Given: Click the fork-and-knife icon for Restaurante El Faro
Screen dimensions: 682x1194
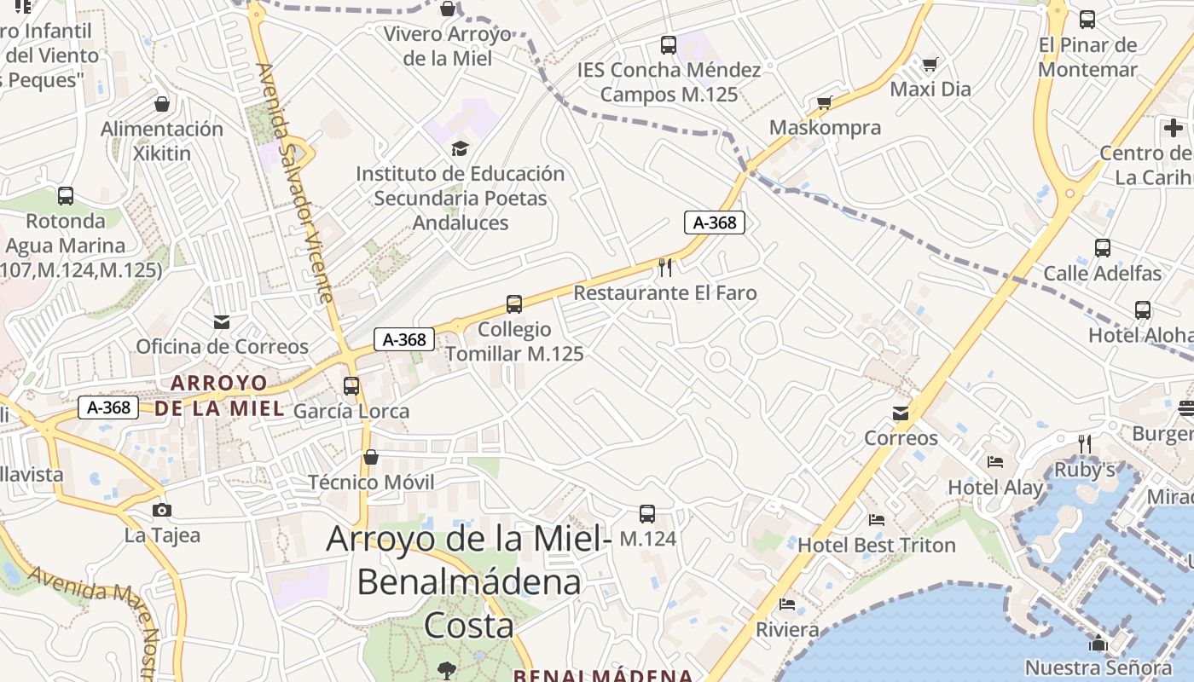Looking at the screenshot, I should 665,268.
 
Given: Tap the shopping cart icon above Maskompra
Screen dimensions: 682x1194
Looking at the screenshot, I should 824,103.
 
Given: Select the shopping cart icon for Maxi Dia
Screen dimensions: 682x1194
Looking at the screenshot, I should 930,64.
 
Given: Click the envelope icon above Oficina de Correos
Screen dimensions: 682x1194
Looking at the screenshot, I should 222,321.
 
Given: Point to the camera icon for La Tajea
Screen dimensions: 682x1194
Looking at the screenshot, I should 161,511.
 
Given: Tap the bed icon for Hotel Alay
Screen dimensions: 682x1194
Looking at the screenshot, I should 995,462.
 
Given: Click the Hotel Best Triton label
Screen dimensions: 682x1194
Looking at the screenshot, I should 877,545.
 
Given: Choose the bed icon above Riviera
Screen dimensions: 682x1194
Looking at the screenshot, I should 787,604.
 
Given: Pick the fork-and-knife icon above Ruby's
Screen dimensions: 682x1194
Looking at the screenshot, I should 1084,444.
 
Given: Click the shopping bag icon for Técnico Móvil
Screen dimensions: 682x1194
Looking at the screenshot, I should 370,457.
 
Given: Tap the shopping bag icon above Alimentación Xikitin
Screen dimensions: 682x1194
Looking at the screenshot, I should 162,104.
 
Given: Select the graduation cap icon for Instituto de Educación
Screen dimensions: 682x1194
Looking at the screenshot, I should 460,148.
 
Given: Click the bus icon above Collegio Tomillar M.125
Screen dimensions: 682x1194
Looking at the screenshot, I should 514,303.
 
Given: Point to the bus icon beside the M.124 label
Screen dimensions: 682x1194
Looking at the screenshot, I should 647,514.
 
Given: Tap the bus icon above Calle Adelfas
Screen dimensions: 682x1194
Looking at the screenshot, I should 1102,248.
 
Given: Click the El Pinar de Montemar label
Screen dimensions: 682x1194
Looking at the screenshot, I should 1087,57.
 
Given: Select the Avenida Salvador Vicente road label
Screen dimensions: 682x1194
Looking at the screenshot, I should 295,183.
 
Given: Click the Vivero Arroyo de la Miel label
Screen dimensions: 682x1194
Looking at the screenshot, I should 448,46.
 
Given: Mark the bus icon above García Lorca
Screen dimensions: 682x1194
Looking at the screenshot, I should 351,385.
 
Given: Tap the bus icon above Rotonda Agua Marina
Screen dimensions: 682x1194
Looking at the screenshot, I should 66,196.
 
